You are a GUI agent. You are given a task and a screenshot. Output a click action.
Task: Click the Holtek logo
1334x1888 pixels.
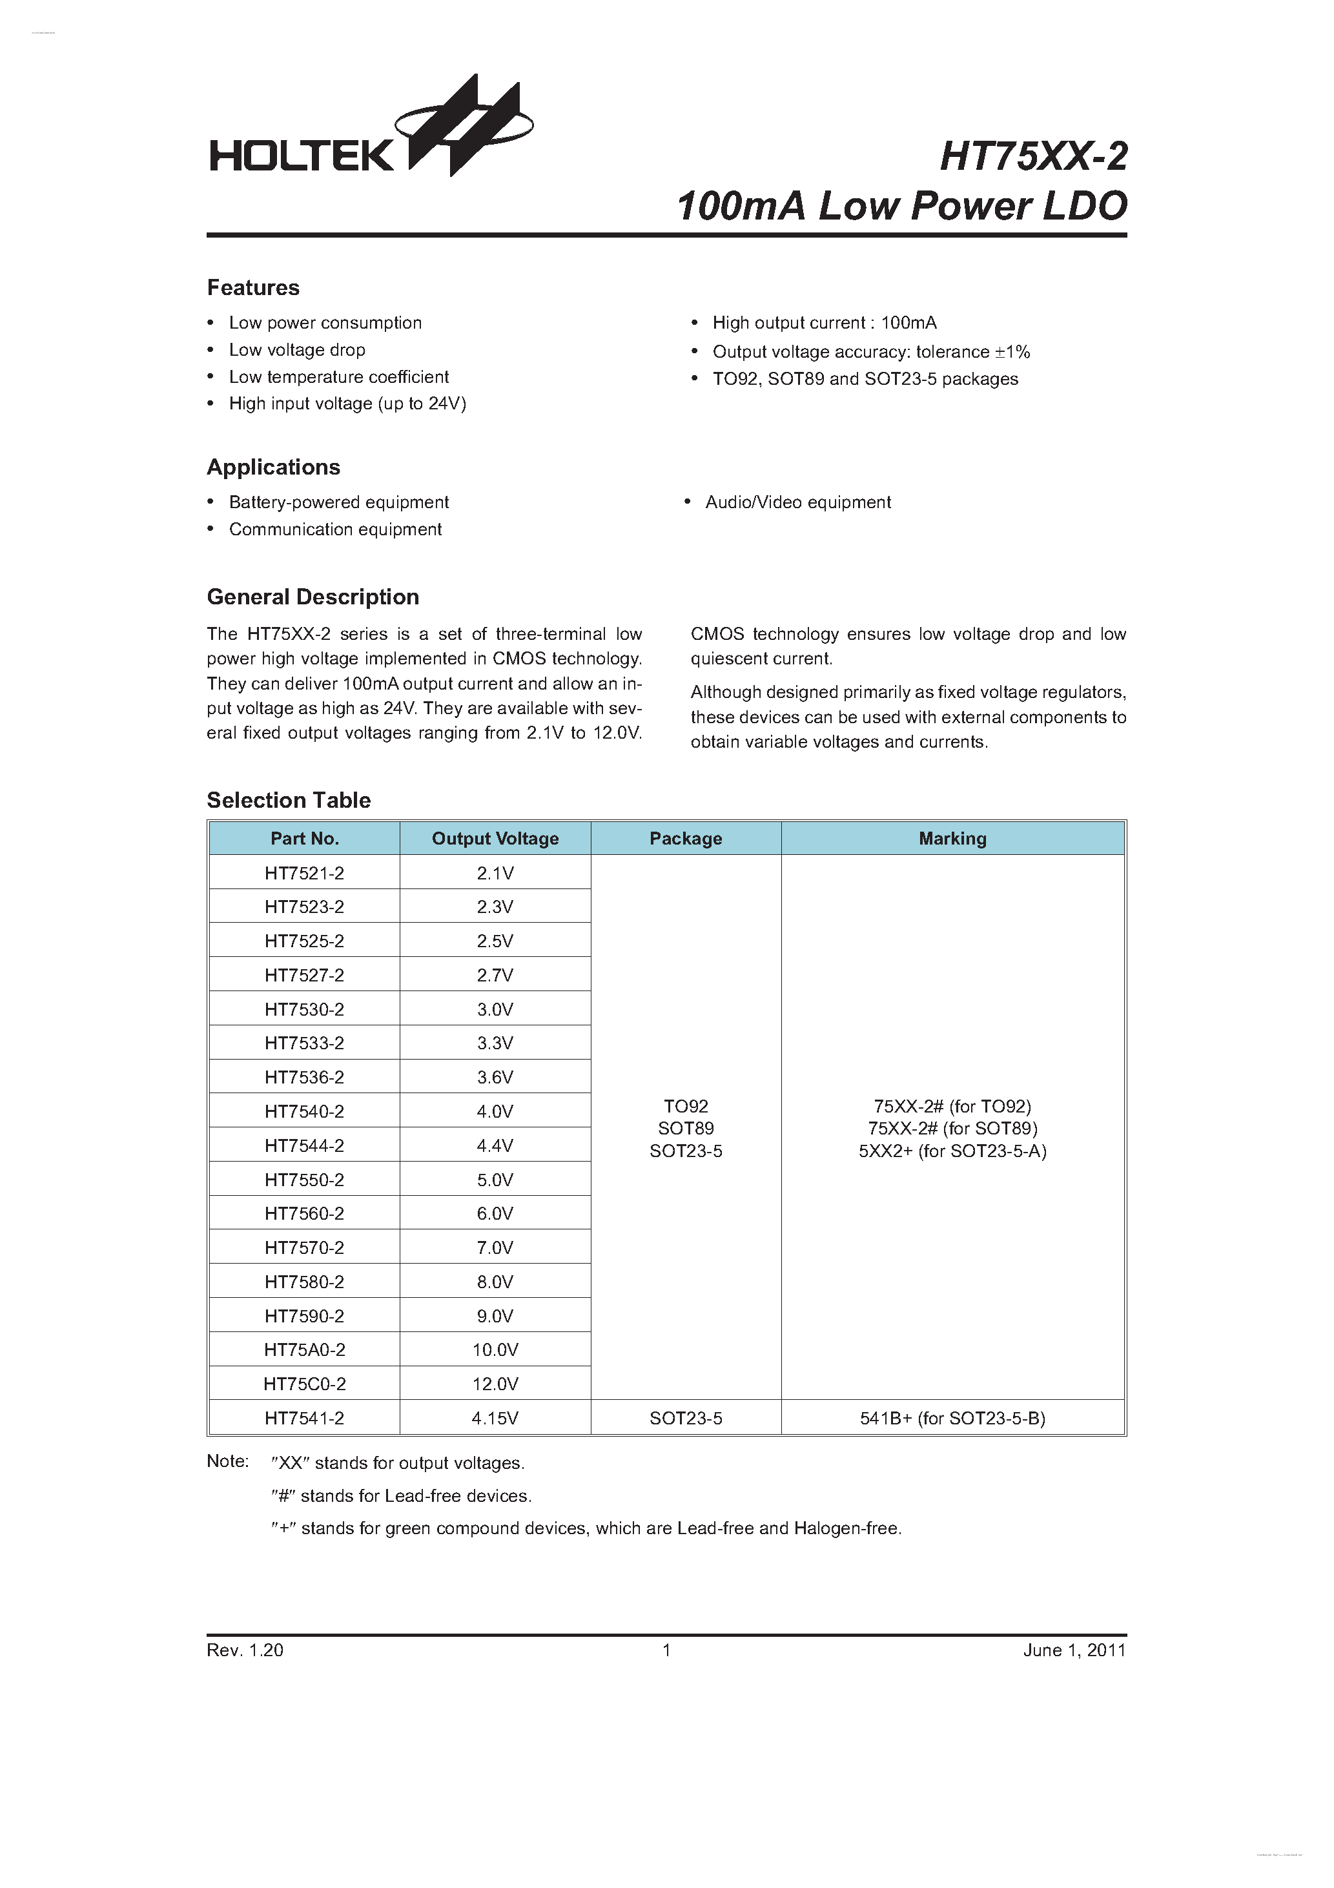[x=370, y=132]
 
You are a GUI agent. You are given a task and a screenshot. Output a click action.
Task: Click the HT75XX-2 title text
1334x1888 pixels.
[x=1033, y=156]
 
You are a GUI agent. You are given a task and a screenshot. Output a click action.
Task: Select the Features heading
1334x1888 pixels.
[x=253, y=288]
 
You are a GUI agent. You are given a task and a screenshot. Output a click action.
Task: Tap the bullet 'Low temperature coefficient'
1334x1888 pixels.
[x=338, y=376]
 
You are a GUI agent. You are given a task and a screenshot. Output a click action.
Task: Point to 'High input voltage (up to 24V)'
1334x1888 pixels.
[x=347, y=404]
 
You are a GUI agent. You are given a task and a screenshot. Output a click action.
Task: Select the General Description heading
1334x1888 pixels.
[x=313, y=597]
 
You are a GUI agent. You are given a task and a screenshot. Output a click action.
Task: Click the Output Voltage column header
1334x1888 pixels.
[x=495, y=839]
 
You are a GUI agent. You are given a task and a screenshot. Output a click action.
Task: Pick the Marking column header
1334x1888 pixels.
[x=952, y=839]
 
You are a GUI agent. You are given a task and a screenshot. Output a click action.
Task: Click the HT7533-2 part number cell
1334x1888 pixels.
[x=304, y=1043]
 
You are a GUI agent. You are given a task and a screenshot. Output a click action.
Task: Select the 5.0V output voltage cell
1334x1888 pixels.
[x=495, y=1180]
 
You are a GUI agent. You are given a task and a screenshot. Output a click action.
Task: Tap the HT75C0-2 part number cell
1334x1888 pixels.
[x=304, y=1384]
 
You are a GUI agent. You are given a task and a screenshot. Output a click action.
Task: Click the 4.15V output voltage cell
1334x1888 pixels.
[x=495, y=1419]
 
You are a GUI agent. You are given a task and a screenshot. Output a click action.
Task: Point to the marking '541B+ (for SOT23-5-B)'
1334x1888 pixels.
[x=952, y=1419]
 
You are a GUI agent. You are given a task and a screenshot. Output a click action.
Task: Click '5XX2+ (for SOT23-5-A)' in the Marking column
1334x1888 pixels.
[x=952, y=1151]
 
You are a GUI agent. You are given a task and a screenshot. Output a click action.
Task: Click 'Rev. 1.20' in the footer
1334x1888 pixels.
[x=245, y=1650]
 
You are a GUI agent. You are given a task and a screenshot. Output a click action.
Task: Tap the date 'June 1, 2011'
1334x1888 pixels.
[x=1074, y=1650]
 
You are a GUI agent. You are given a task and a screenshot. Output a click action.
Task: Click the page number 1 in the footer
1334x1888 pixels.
[x=667, y=1650]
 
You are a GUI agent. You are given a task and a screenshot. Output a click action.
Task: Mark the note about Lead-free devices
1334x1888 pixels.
[x=402, y=1496]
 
